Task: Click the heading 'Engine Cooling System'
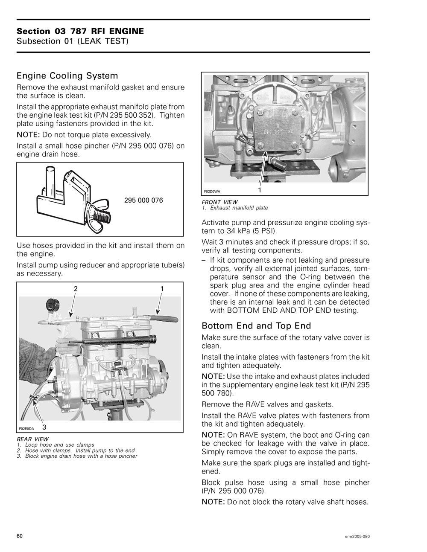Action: tap(67, 76)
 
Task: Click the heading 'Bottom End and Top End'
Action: tap(256, 326)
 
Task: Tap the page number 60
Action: tap(20, 536)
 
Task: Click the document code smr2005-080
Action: tap(357, 536)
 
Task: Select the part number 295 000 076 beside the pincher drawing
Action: tap(143, 200)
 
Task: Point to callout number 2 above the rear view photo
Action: tap(76, 289)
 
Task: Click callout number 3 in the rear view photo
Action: tap(44, 427)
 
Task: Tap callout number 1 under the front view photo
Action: tap(260, 190)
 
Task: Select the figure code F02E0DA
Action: tap(26, 428)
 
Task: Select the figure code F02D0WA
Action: tap(212, 192)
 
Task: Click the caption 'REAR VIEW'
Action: tap(32, 439)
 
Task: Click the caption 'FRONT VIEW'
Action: tap(219, 202)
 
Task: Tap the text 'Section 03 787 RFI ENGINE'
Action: tap(80, 31)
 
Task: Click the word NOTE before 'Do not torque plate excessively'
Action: tap(28, 135)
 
